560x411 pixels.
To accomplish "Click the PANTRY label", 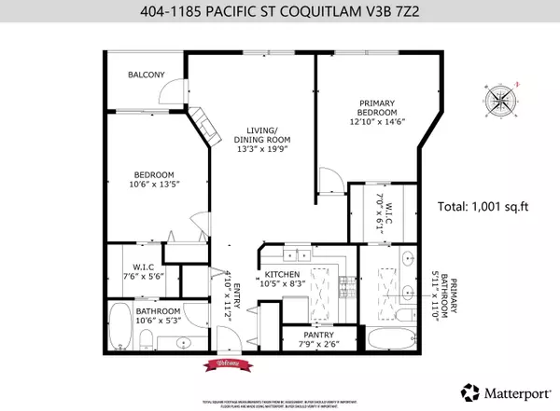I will pyautogui.click(x=300, y=335).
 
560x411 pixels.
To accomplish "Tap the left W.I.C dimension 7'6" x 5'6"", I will pyautogui.click(x=142, y=275).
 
